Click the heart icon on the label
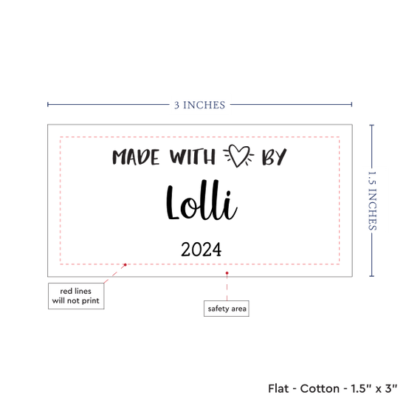point(238,156)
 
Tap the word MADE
point(136,157)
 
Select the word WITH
point(193,156)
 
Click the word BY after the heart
point(274,156)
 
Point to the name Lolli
point(202,200)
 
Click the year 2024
point(202,250)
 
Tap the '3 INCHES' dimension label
point(199,105)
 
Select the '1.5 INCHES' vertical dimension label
point(372,201)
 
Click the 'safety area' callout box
point(227,309)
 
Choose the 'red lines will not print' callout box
point(76,296)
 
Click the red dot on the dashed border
point(125,264)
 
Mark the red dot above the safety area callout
point(227,273)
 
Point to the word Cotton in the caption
point(320,388)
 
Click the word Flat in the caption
point(278,388)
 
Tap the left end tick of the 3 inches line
point(48,104)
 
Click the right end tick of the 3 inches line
point(351,104)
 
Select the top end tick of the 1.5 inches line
point(372,125)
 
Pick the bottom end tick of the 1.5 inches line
point(372,276)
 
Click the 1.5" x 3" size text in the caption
point(374,388)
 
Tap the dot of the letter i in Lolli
point(228,193)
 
